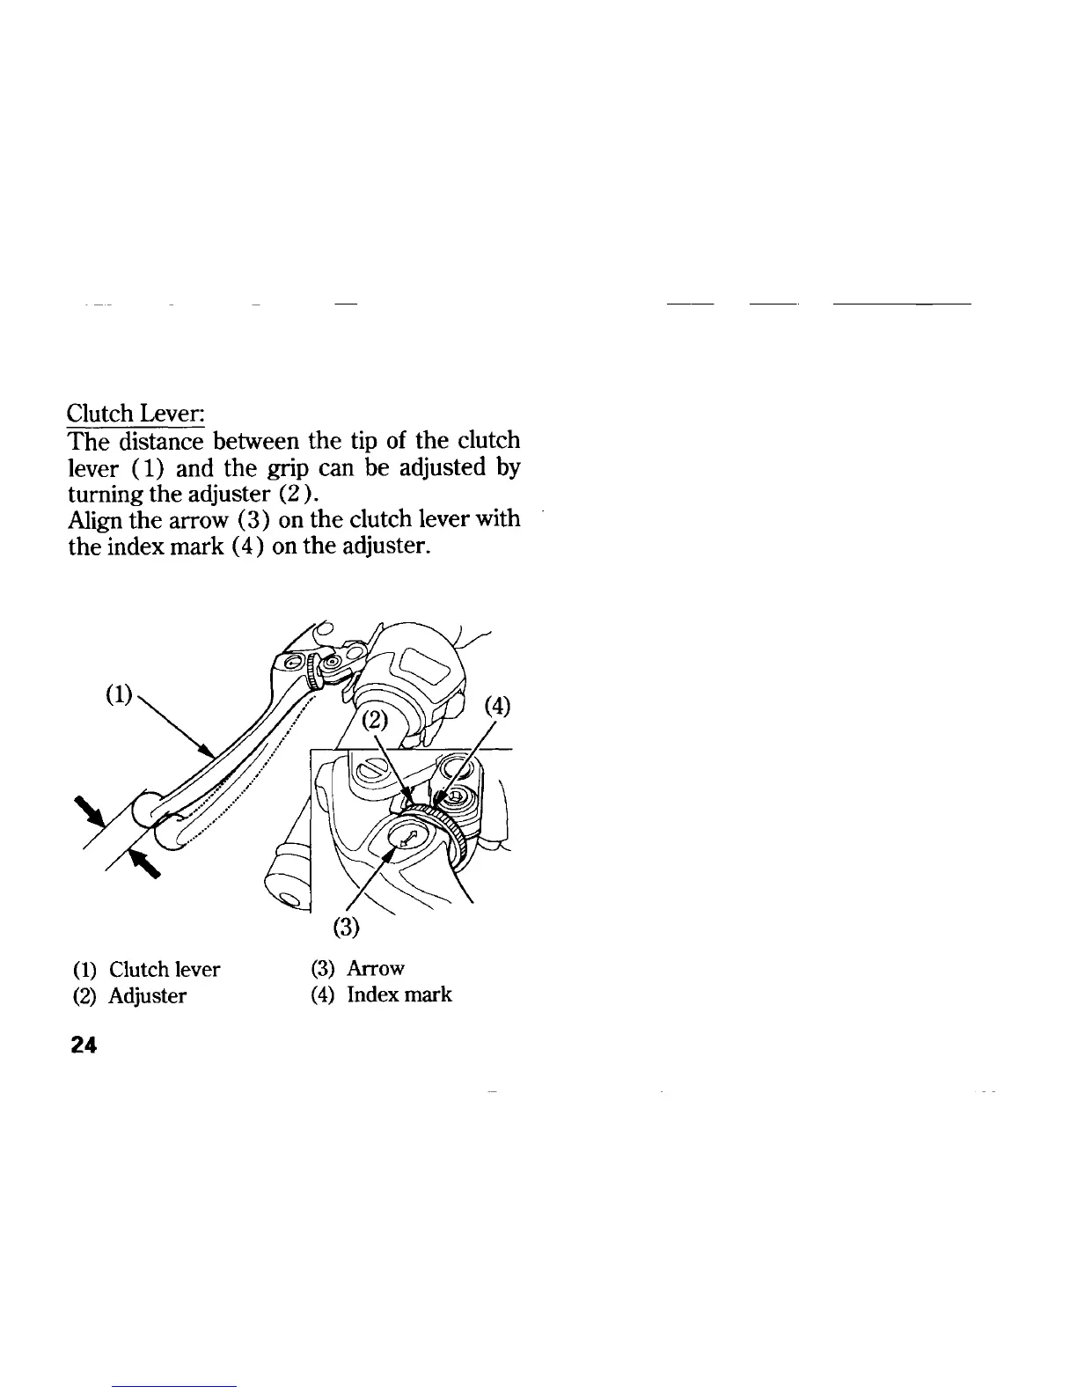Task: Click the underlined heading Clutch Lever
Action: (136, 414)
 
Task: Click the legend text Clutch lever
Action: (165, 970)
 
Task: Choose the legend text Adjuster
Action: (148, 996)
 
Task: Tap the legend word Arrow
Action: (376, 969)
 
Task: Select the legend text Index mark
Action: (399, 995)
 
